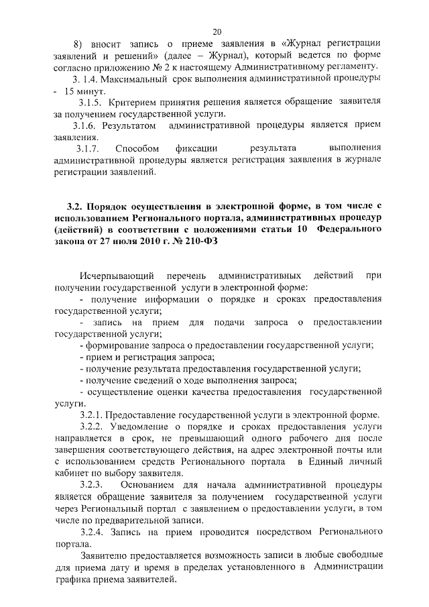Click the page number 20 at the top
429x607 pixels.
pyautogui.click(x=217, y=32)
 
